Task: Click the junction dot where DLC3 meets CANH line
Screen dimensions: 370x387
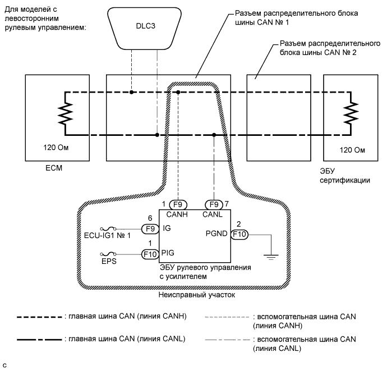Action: coord(132,92)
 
